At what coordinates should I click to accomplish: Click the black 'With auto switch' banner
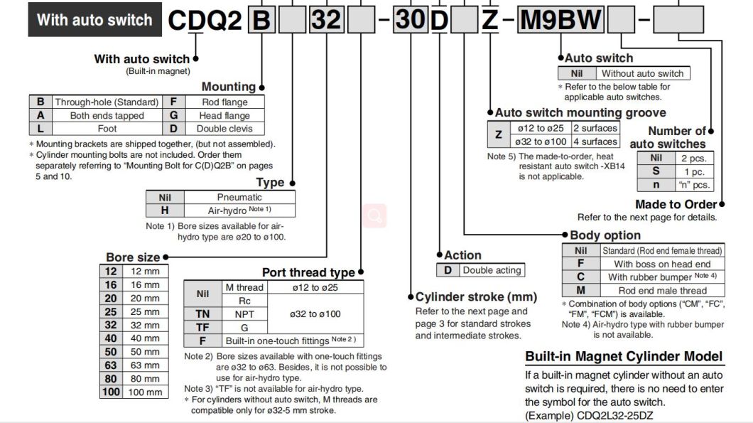coord(94,20)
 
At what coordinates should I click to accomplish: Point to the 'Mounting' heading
coord(228,87)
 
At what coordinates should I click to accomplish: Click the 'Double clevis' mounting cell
coord(224,129)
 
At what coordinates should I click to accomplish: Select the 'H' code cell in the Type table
coord(165,210)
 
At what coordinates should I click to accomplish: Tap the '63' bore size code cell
coord(111,365)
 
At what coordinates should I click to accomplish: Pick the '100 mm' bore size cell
coord(145,392)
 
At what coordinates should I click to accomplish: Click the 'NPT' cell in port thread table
coord(244,314)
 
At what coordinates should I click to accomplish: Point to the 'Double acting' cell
coord(492,270)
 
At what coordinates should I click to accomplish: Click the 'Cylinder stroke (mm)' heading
coord(476,296)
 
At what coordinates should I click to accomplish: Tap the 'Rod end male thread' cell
coord(662,290)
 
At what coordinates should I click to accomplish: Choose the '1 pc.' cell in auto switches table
coord(693,171)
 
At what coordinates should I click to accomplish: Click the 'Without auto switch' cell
coord(642,73)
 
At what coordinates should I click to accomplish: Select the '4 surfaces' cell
coord(595,141)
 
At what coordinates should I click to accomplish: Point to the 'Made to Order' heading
coord(676,204)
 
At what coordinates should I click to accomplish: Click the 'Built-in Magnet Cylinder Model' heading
coord(623,356)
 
